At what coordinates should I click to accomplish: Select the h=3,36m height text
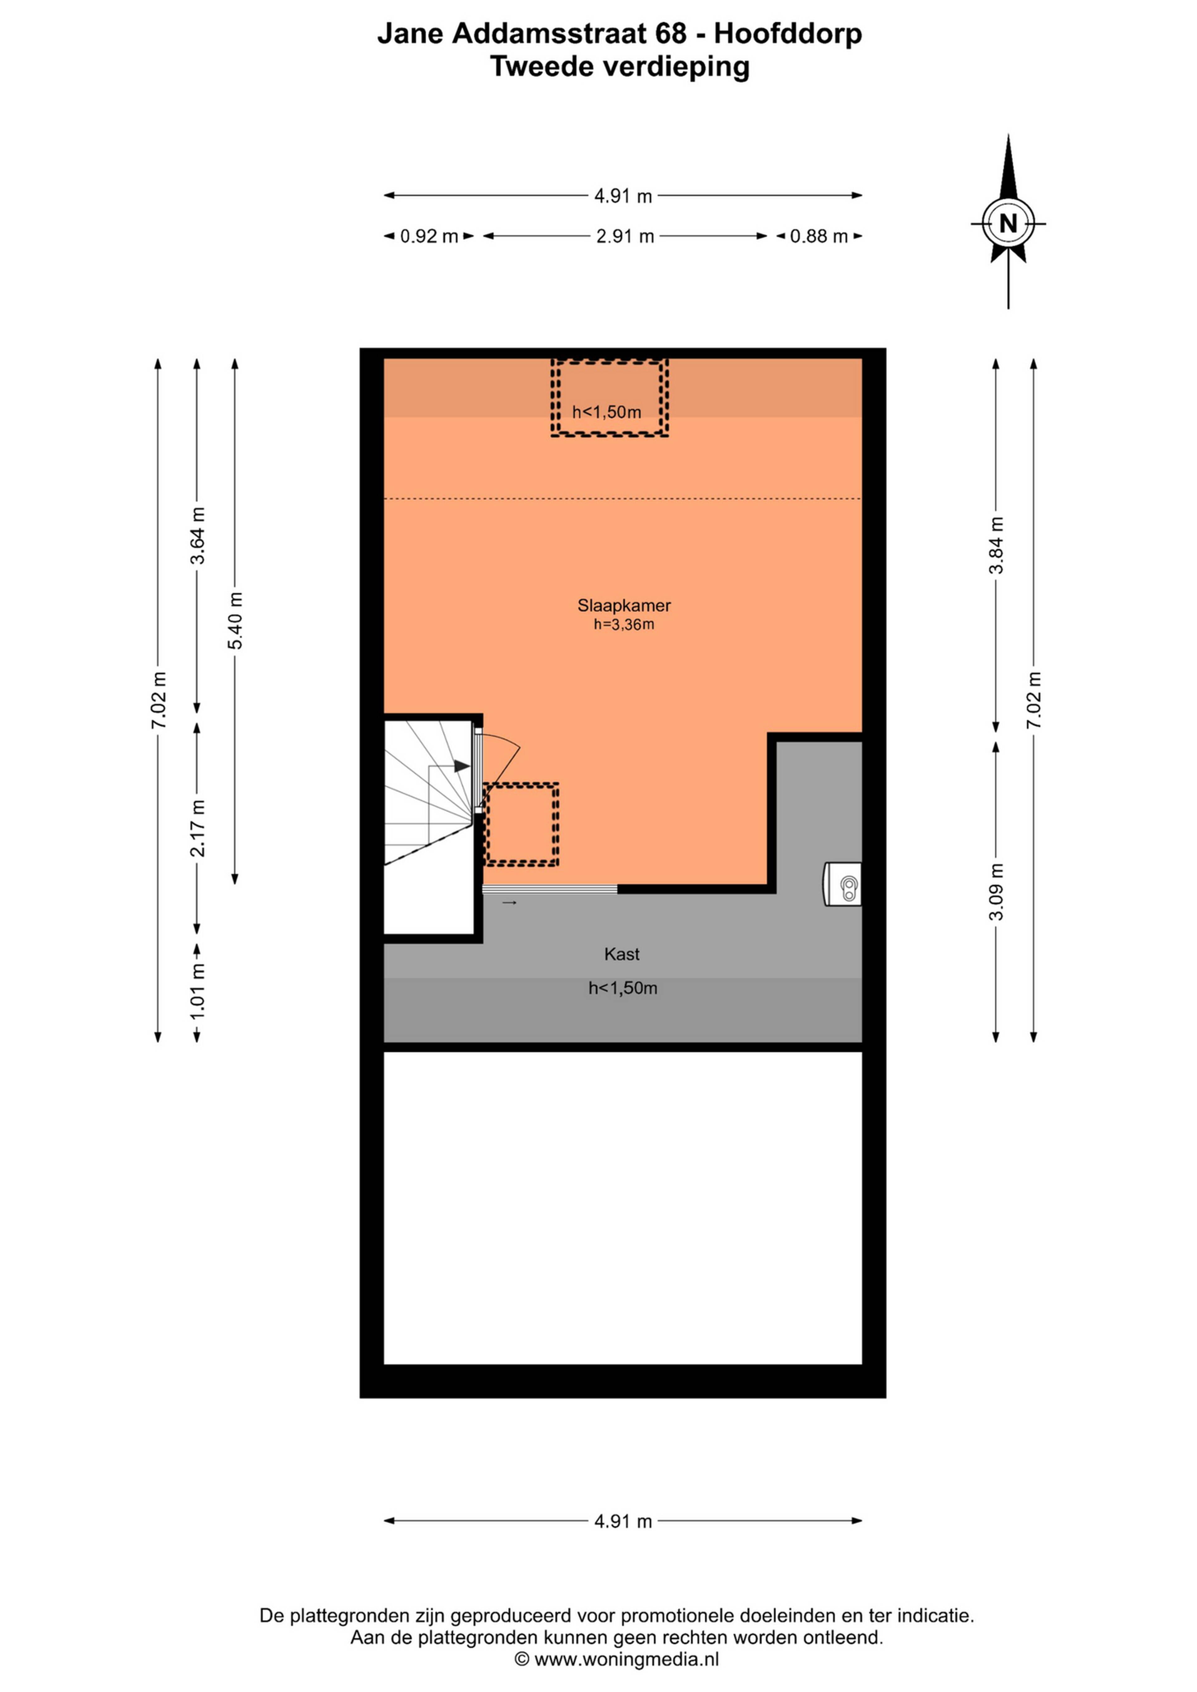[624, 625]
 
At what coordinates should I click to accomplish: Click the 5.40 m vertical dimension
[235, 621]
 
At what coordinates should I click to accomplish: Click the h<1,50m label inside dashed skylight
[607, 412]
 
